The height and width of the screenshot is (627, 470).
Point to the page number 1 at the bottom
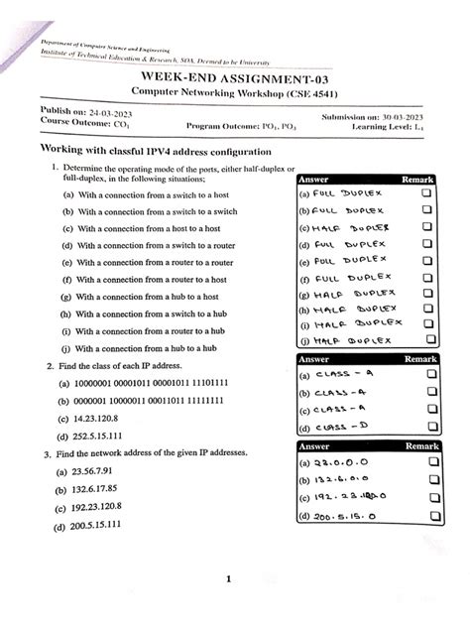coord(228,580)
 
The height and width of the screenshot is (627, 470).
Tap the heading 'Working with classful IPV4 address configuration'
coord(156,150)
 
